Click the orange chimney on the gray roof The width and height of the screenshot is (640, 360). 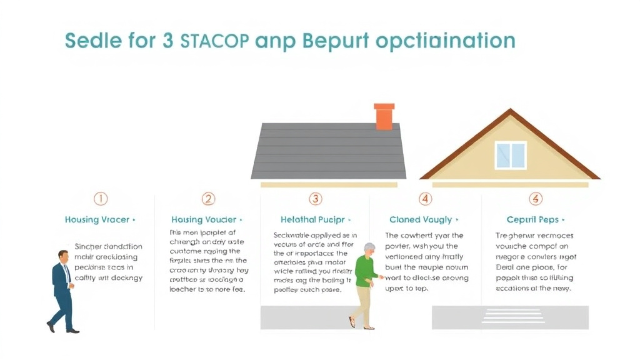(384, 116)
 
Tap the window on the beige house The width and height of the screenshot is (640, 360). (511, 155)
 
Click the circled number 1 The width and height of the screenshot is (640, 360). (101, 199)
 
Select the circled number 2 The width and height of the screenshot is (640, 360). (208, 199)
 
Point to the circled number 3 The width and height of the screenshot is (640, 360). (316, 199)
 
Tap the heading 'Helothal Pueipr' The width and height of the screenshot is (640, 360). (313, 220)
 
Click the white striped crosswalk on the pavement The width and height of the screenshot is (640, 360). (513, 315)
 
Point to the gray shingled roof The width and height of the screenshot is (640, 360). (328, 150)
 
